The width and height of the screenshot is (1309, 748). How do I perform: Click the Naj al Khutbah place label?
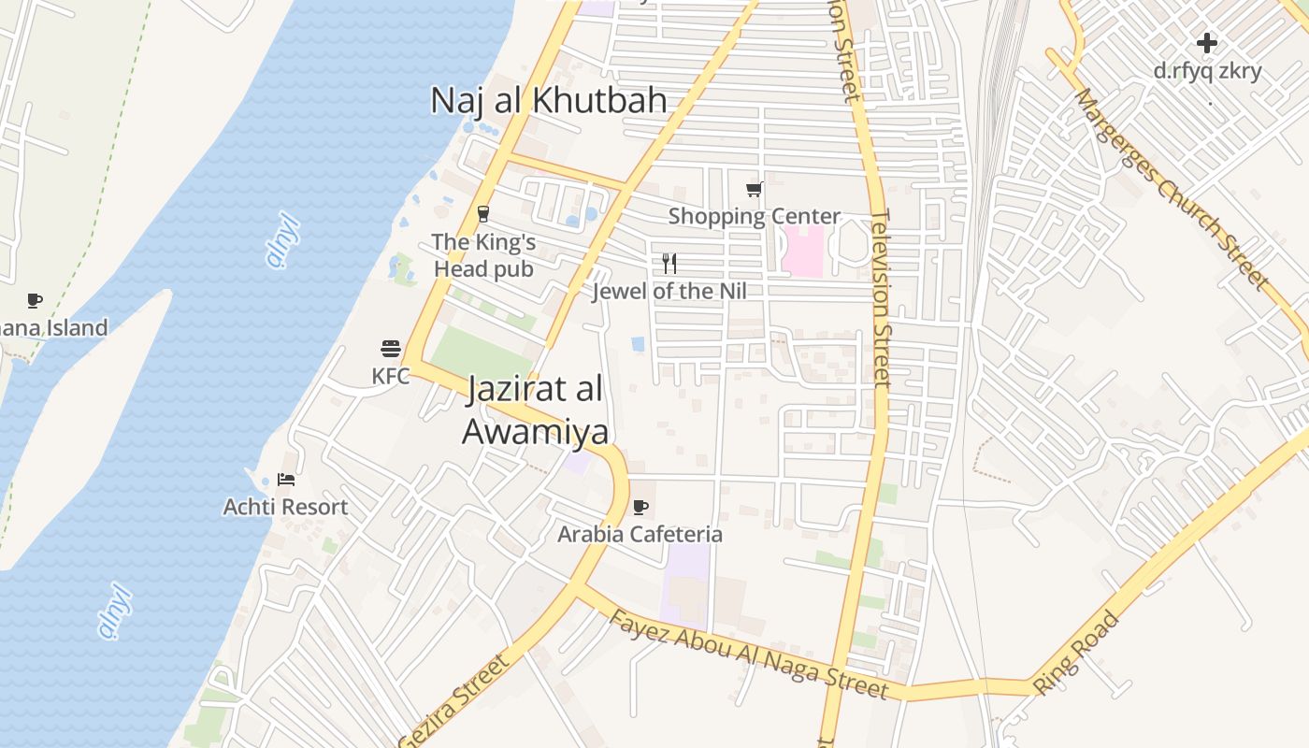549,101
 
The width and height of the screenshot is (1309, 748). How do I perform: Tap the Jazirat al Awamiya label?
535,410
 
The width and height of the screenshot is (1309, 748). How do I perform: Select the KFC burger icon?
391,350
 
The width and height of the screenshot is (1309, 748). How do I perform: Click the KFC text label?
391,376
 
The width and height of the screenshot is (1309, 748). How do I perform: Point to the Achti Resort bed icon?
286,480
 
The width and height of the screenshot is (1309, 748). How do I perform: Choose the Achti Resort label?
285,507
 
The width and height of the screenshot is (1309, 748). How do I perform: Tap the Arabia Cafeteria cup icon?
640,507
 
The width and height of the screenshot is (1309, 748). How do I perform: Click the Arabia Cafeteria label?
640,534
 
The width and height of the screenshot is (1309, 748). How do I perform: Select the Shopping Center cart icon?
755,189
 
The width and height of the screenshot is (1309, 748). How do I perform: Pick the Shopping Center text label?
754,216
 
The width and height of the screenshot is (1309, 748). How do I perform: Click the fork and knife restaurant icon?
669,263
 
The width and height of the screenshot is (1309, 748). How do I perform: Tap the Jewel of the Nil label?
669,291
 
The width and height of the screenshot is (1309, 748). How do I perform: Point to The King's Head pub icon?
483,214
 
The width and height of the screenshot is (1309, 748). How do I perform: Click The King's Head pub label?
483,255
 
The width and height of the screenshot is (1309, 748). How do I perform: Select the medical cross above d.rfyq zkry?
1207,43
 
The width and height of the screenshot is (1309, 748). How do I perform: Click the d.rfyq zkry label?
1207,70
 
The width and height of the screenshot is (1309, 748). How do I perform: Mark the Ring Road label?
1076,653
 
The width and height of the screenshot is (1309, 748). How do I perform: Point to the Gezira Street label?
454,701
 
